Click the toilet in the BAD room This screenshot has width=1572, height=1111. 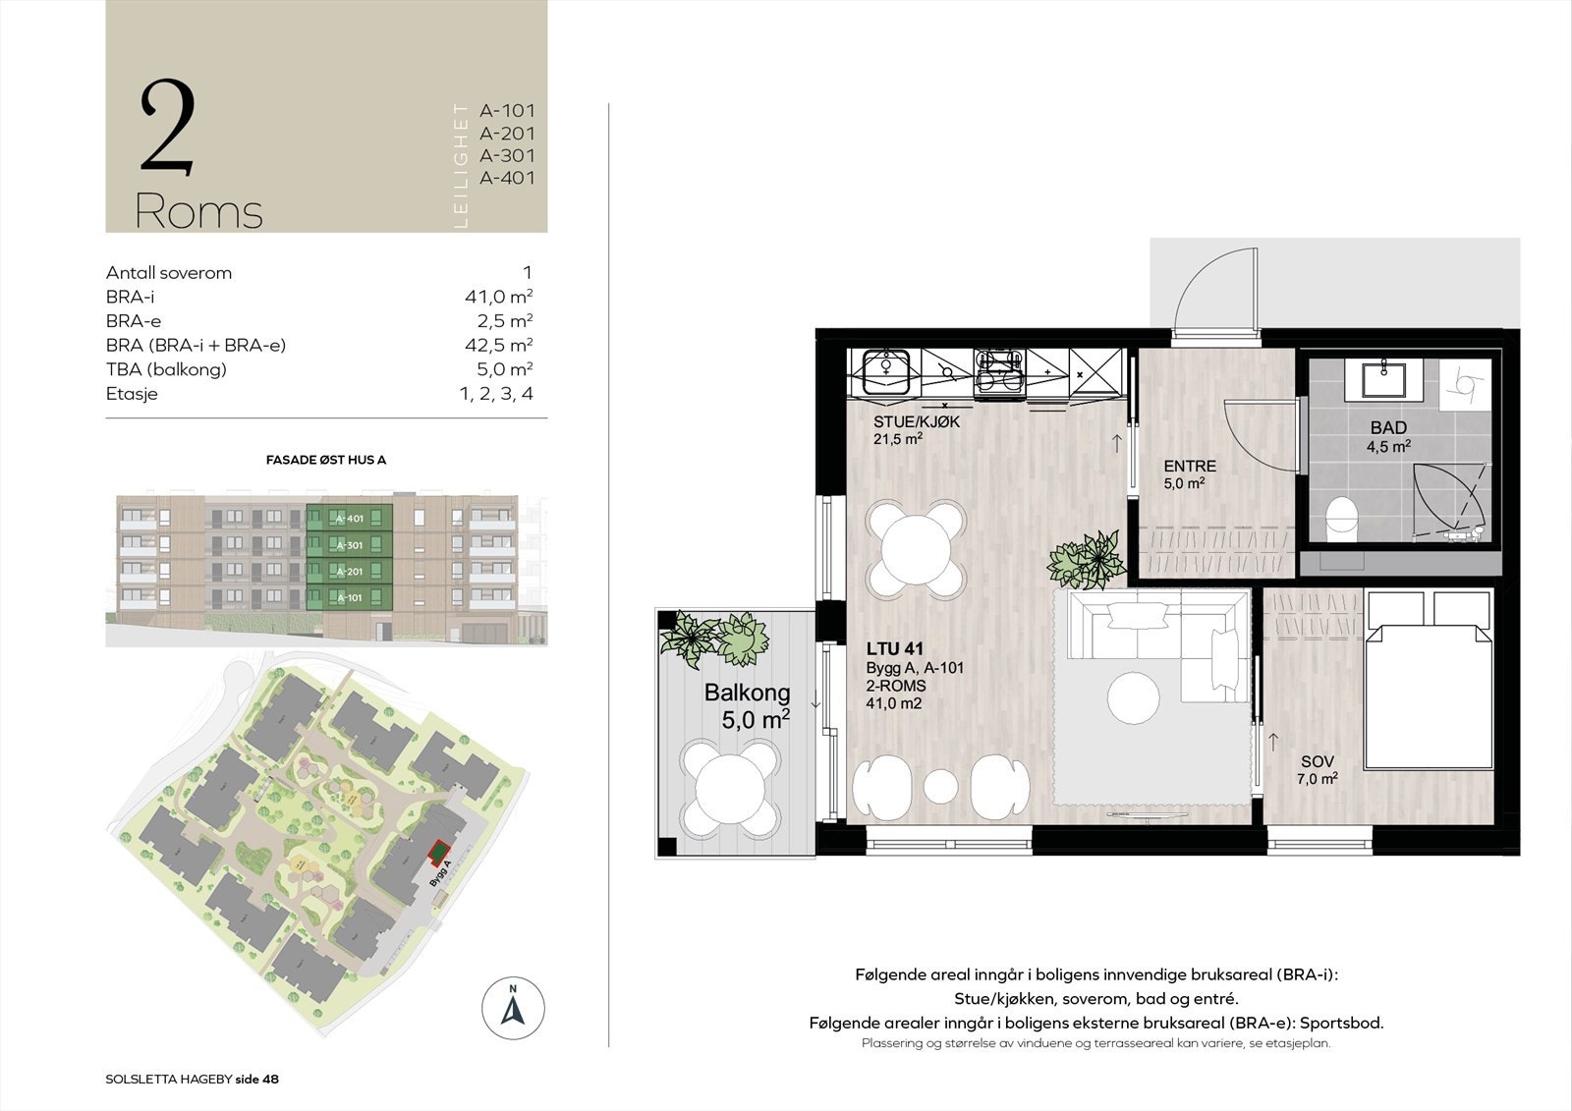pyautogui.click(x=1340, y=518)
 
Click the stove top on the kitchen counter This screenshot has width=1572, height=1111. pyautogui.click(x=999, y=372)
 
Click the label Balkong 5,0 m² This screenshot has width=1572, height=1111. pyautogui.click(x=748, y=705)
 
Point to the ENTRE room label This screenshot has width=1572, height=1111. pyautogui.click(x=1189, y=467)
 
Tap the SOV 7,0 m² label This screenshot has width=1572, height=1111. pyautogui.click(x=1318, y=770)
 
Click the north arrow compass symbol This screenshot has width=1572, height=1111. pyautogui.click(x=513, y=1009)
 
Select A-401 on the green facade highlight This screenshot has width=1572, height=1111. pyautogui.click(x=350, y=519)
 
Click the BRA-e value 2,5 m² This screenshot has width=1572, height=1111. pyautogui.click(x=498, y=321)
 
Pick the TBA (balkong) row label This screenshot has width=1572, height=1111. pyautogui.click(x=166, y=369)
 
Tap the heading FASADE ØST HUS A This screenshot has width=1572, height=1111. pyautogui.click(x=325, y=460)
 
